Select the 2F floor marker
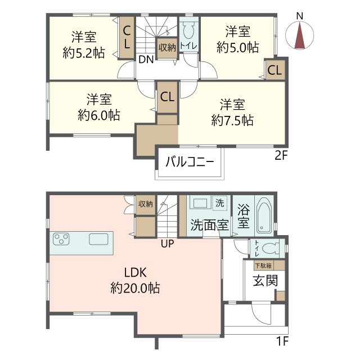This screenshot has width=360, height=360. coord(281,156)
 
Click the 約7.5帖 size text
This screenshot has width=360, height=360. coord(232,120)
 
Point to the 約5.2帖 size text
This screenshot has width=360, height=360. coord(83,53)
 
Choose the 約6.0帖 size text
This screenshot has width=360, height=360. coord(98,115)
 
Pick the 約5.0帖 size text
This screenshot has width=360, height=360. coord(238,47)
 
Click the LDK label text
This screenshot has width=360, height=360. coord(136,273)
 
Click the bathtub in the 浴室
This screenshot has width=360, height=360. coord(263,215)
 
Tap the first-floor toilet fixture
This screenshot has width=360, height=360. coord(272,247)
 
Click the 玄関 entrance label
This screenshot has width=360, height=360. coord(264,280)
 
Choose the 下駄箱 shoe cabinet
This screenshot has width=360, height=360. coord(264,265)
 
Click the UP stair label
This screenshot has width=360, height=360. coord(167,244)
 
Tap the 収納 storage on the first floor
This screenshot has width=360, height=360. coord(146,204)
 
